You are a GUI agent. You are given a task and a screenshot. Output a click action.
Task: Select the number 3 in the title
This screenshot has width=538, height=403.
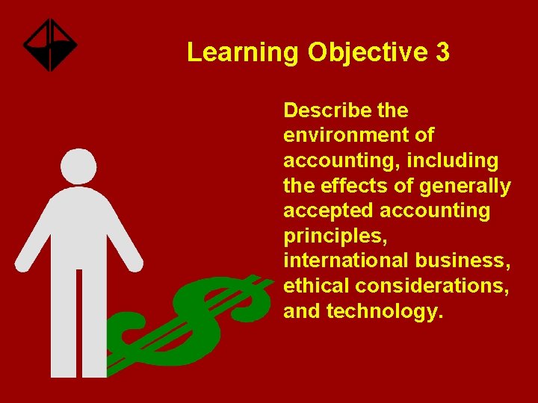click(x=442, y=53)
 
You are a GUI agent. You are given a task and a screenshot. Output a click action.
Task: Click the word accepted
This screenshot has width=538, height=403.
click(x=325, y=211)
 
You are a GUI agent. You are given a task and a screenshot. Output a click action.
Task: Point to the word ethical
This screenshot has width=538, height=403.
click(x=316, y=287)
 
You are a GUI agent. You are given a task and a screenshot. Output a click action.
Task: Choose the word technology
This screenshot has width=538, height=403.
click(x=386, y=312)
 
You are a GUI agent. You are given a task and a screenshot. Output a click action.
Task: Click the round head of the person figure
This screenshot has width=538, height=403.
click(x=78, y=166)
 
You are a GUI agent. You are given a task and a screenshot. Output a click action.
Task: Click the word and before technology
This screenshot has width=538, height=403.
click(x=302, y=312)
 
